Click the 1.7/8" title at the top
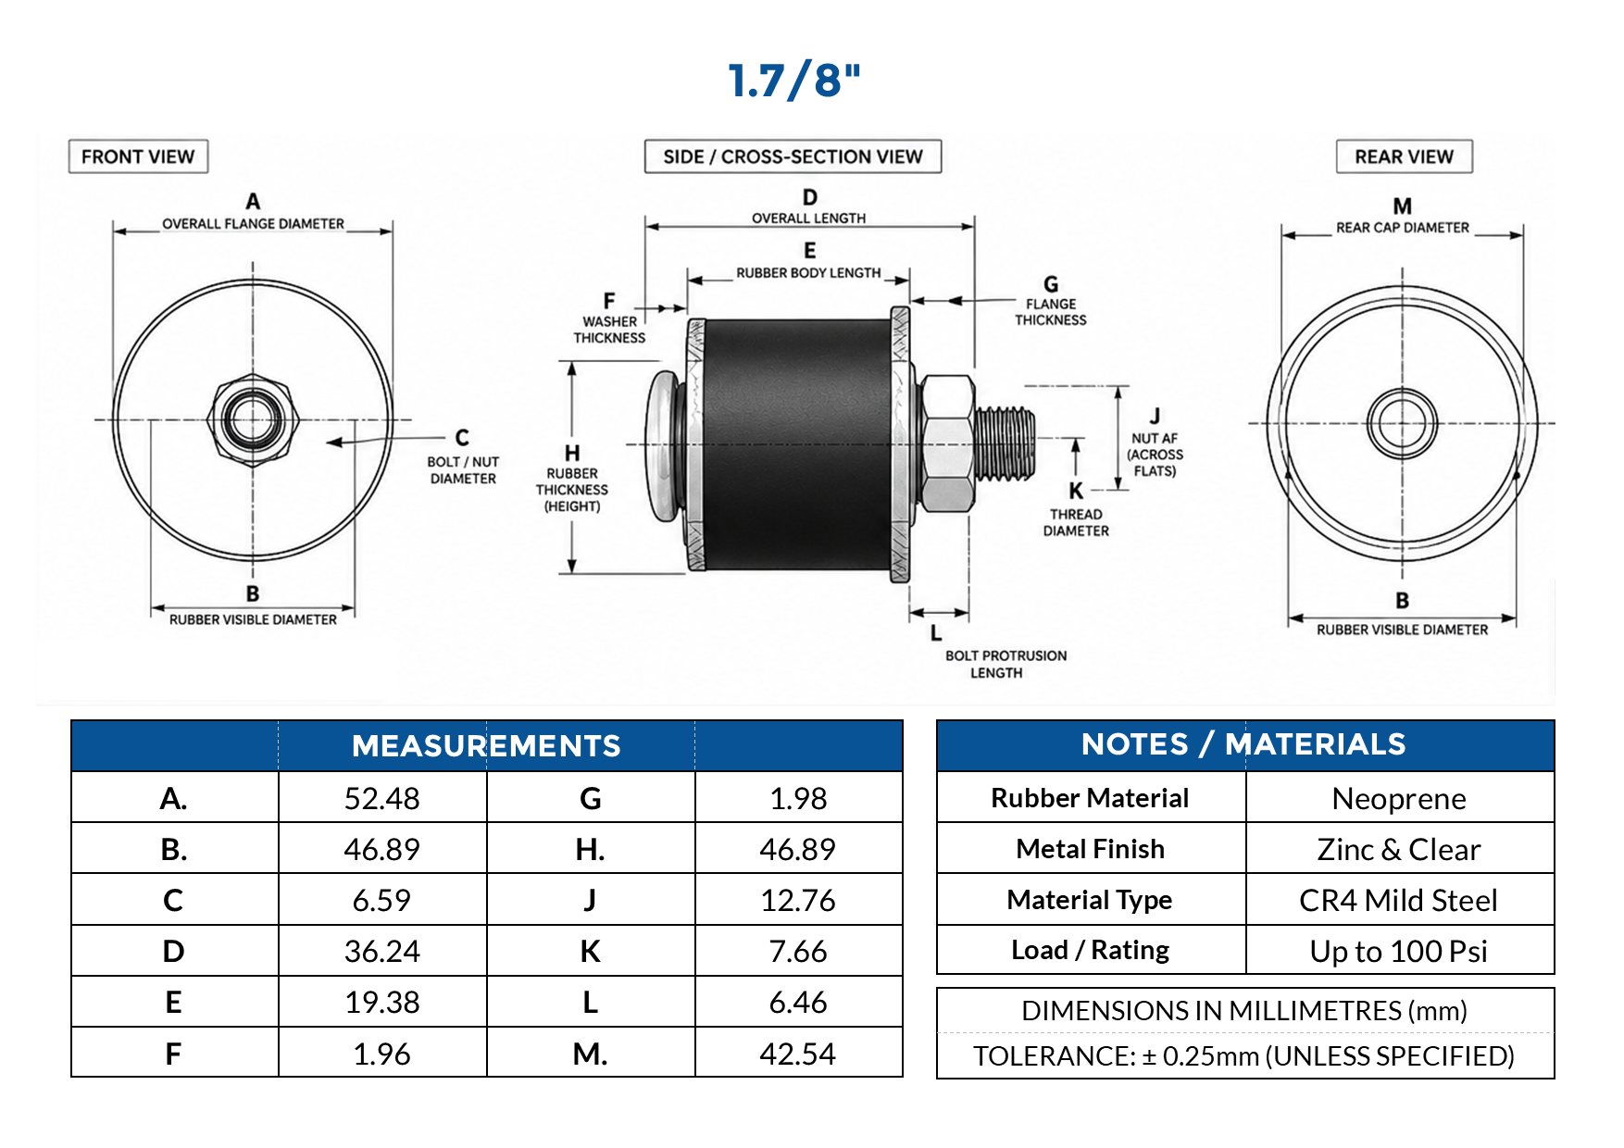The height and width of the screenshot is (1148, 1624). [794, 81]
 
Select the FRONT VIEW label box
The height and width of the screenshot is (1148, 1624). [138, 156]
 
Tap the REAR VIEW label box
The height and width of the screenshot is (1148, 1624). [1404, 156]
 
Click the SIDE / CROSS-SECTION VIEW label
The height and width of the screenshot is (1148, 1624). [793, 156]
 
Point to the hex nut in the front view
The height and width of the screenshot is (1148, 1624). [252, 418]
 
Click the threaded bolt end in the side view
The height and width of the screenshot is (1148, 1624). [1005, 444]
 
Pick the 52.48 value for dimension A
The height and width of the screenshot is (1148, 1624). [381, 798]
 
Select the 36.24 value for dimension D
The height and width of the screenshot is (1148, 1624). [381, 951]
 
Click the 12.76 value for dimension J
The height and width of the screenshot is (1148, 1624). [798, 900]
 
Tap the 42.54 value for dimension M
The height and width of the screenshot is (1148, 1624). [798, 1054]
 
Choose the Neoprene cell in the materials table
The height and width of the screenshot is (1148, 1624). [1399, 798]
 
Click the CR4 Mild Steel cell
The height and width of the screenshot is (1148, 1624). [1399, 900]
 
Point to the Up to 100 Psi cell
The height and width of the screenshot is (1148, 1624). [1399, 951]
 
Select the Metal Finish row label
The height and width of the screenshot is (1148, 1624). [1091, 849]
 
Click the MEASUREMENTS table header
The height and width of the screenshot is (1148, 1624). [486, 746]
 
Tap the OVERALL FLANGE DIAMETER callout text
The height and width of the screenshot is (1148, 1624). [253, 224]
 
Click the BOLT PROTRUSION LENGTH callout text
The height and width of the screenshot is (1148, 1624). [1006, 664]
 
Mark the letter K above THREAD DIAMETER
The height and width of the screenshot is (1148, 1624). [1076, 491]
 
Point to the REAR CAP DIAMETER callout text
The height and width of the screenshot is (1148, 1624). [1402, 228]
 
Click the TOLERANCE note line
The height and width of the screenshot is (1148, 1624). [1243, 1056]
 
